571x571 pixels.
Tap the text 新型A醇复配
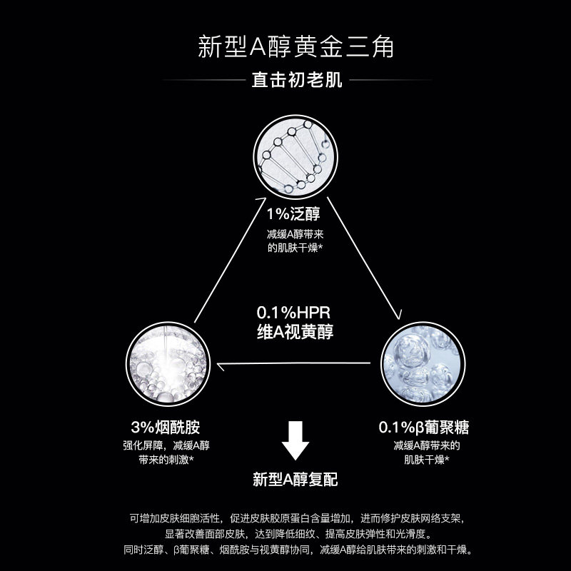coord(295,479)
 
